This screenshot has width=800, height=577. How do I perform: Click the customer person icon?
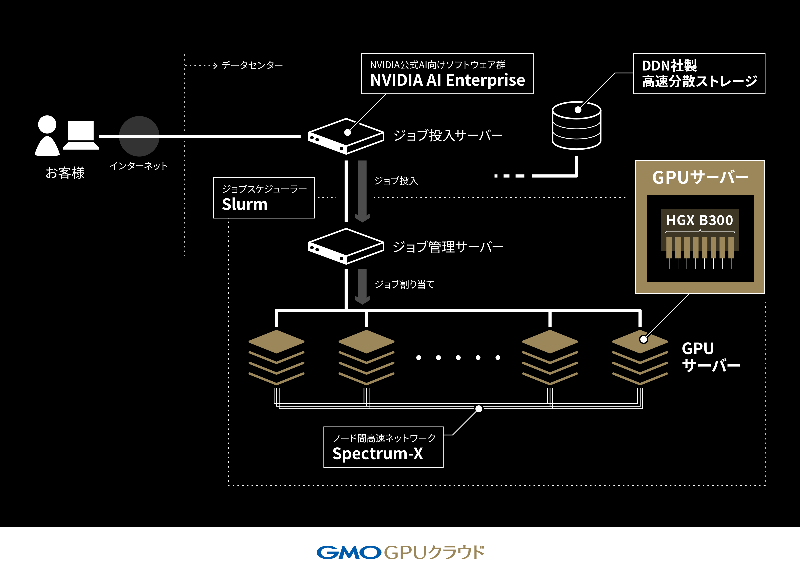(47, 136)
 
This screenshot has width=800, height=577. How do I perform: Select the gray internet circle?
(139, 136)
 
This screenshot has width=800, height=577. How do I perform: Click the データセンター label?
(252, 65)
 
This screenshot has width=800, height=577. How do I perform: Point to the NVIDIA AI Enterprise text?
(447, 80)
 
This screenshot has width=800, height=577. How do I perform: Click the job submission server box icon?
(346, 136)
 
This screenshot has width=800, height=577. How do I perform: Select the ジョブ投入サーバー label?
(448, 135)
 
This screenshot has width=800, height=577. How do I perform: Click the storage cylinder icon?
(576, 126)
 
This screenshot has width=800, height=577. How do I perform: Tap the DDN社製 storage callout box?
(699, 74)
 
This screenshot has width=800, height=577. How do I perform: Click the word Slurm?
(244, 205)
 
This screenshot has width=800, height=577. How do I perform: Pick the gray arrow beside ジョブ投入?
(362, 191)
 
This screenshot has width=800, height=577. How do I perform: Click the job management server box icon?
(346, 246)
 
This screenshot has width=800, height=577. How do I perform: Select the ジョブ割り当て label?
(404, 284)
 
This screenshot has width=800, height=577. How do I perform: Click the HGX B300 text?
(699, 220)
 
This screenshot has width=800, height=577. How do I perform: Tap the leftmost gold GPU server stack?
(276, 357)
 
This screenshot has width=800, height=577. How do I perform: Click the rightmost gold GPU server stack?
(640, 357)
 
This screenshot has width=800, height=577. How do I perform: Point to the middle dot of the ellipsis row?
(458, 358)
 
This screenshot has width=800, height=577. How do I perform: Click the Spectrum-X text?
(377, 454)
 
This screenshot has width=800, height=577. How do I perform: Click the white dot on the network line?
(479, 409)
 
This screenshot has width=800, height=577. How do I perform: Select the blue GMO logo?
(349, 552)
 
